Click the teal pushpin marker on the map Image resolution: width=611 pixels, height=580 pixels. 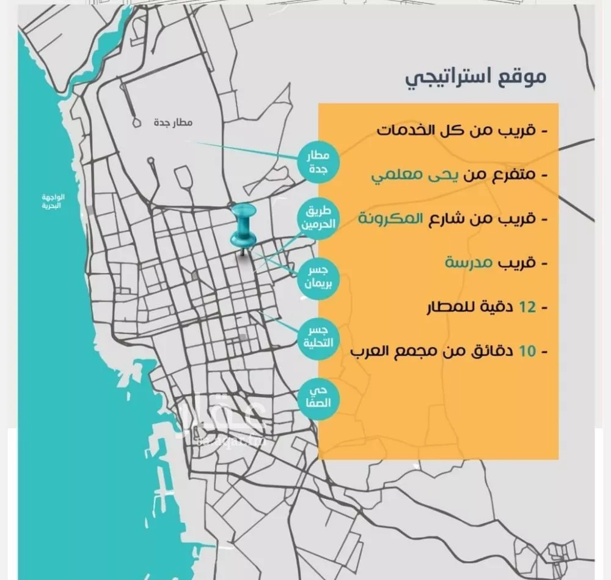244,227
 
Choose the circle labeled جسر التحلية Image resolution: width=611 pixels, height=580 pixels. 318,338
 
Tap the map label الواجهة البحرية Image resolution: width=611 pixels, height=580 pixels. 53,201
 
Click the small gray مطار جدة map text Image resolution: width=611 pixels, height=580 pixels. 173,123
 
